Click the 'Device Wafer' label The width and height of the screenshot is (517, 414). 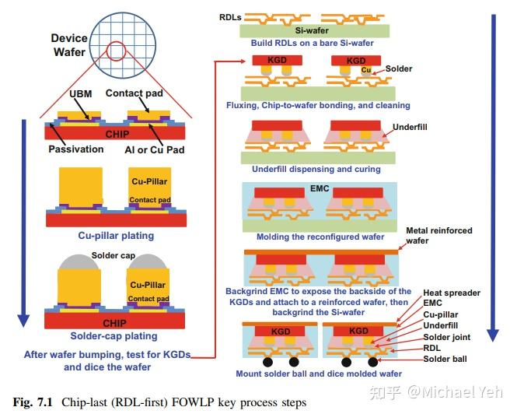pyautogui.click(x=69, y=45)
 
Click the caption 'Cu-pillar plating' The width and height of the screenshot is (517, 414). pyautogui.click(x=115, y=236)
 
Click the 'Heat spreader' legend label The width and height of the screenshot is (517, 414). pyautogui.click(x=451, y=293)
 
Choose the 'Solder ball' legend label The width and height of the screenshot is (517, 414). pyautogui.click(x=445, y=359)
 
